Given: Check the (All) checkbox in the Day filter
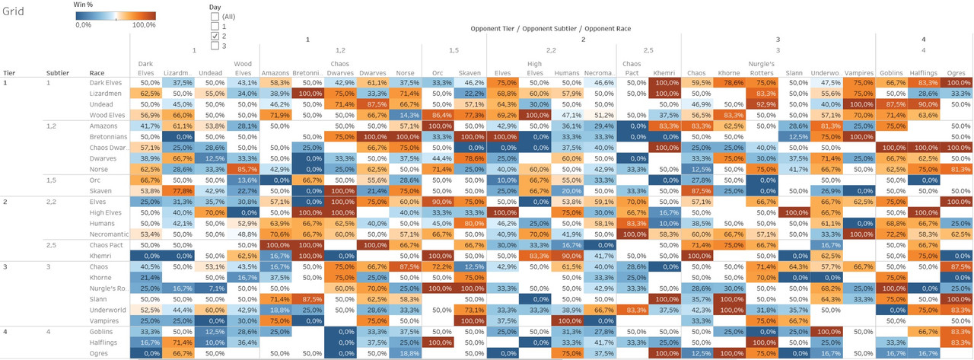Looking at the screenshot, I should pyautogui.click(x=215, y=16).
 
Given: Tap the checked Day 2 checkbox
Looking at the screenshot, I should pyautogui.click(x=215, y=36).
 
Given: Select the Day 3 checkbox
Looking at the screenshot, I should pyautogui.click(x=215, y=46).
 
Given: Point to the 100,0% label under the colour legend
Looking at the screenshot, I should pyautogui.click(x=144, y=25).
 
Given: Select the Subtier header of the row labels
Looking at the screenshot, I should pyautogui.click(x=57, y=73).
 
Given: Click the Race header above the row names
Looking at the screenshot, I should pyautogui.click(x=97, y=73).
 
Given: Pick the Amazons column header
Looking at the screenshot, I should pyautogui.click(x=275, y=73).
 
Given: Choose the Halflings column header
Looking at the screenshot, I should pyautogui.click(x=922, y=73).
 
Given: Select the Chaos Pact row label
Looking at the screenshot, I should pyautogui.click(x=107, y=245).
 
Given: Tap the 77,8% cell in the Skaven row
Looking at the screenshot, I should pyautogui.click(x=182, y=190).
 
